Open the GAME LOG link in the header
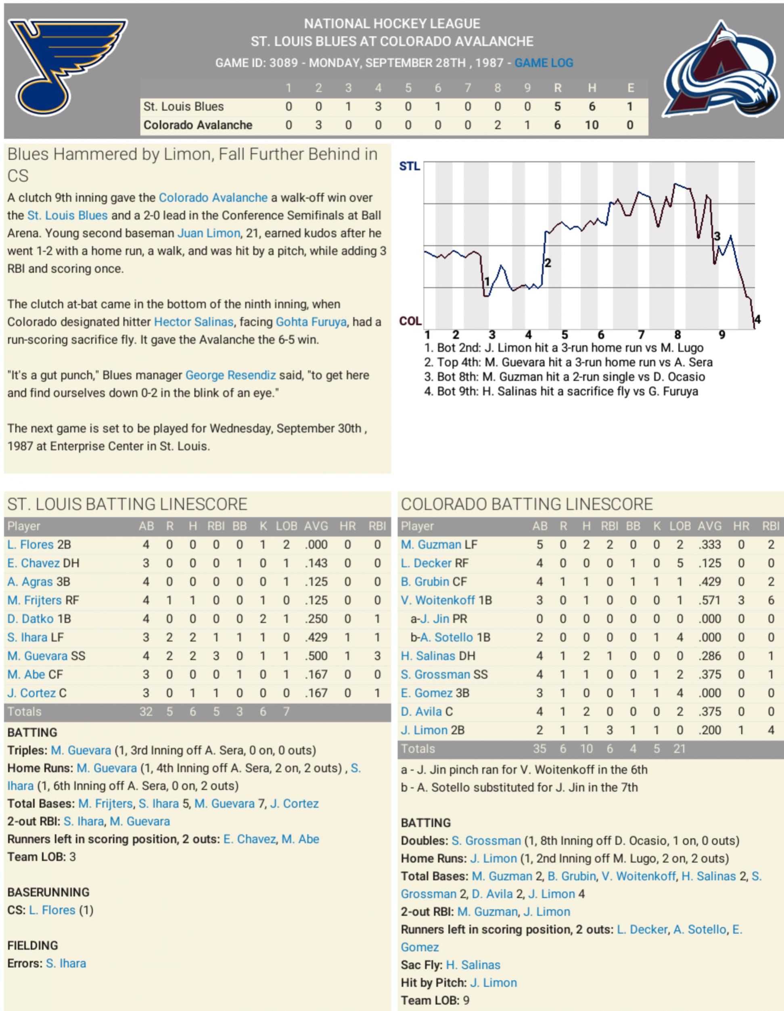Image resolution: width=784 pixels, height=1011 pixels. tap(544, 63)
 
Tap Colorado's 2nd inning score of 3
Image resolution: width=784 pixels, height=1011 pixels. tap(318, 125)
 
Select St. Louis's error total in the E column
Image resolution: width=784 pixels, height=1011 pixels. tap(629, 107)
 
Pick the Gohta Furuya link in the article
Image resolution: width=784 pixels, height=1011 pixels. tap(311, 322)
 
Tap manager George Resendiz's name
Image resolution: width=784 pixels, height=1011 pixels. tap(230, 375)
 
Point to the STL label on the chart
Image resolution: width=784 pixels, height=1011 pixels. tap(410, 166)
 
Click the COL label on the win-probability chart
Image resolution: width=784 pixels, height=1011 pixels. tap(410, 321)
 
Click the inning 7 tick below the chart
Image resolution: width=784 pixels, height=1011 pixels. tap(641, 335)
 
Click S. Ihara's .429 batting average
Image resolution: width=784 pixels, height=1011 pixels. tap(316, 637)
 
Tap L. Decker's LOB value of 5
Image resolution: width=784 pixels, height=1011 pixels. tap(679, 563)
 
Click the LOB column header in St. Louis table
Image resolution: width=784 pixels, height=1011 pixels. tap(286, 526)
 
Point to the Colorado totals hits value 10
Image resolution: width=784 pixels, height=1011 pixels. tap(586, 749)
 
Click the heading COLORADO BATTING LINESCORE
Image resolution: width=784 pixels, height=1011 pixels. tap(527, 504)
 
